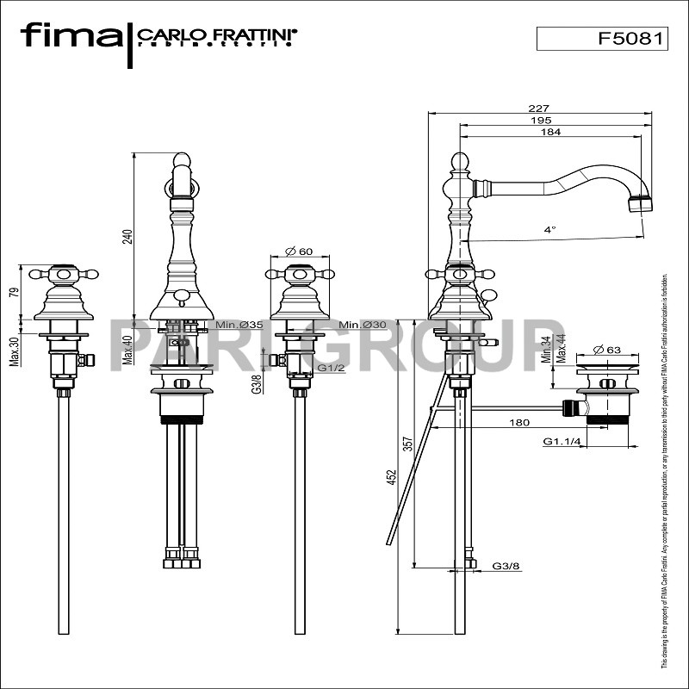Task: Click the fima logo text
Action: point(71,36)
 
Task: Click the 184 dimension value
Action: point(551,132)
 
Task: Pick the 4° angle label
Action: point(549,229)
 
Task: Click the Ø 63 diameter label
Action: point(608,351)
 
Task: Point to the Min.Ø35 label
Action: point(239,325)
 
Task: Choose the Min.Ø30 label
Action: point(361,325)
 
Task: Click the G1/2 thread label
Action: point(330,368)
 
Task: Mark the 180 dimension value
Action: point(519,422)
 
